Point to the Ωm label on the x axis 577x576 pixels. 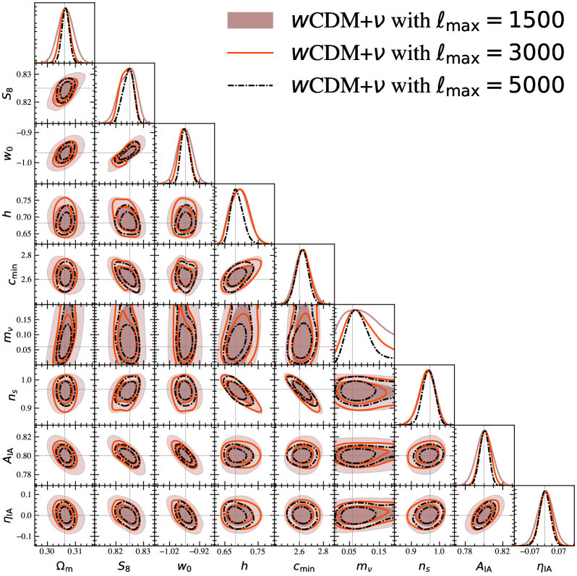pyautogui.click(x=64, y=564)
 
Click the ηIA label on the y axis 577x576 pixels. pyautogui.click(x=9, y=514)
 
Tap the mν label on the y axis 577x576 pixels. pyautogui.click(x=9, y=334)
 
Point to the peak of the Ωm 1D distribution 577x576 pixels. pyautogui.click(x=65, y=9)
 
